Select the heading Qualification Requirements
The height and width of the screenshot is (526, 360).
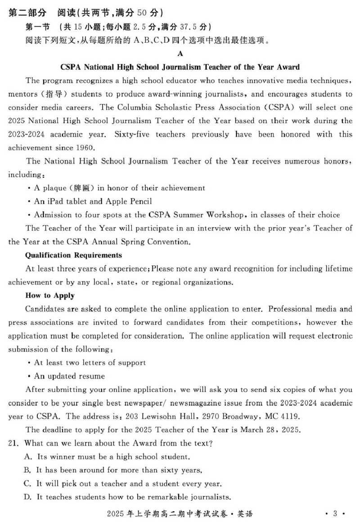click(x=73, y=255)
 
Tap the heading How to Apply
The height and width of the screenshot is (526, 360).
click(x=50, y=296)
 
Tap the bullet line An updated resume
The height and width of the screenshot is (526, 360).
click(x=69, y=376)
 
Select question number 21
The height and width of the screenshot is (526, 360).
click(x=13, y=443)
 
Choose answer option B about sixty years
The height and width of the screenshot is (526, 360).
click(x=112, y=470)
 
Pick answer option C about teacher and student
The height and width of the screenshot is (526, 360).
click(x=122, y=484)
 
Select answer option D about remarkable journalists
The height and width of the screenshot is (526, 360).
click(x=127, y=497)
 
